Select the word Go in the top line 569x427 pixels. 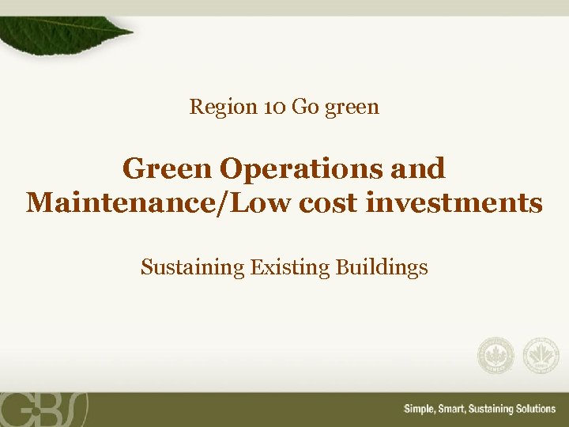tap(304, 106)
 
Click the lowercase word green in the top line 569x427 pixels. tap(352, 107)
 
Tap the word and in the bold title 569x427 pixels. tap(421, 168)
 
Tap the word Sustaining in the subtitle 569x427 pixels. tap(193, 268)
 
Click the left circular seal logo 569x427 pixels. tap(496, 356)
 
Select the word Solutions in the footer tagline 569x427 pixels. tap(529, 409)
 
